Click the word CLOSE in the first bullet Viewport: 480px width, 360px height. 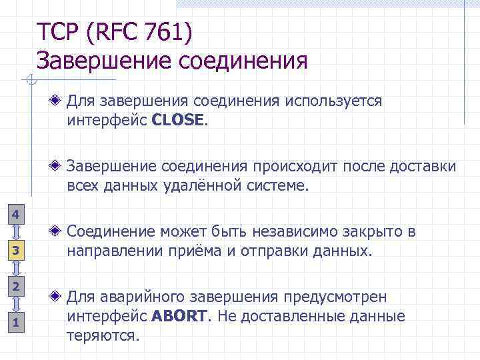(179, 121)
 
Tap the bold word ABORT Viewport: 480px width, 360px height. (179, 316)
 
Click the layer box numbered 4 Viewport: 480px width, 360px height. (17, 214)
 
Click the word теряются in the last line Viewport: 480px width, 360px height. (103, 335)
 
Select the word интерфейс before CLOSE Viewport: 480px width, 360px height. (107, 121)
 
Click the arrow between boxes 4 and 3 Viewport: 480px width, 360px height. (17, 232)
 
